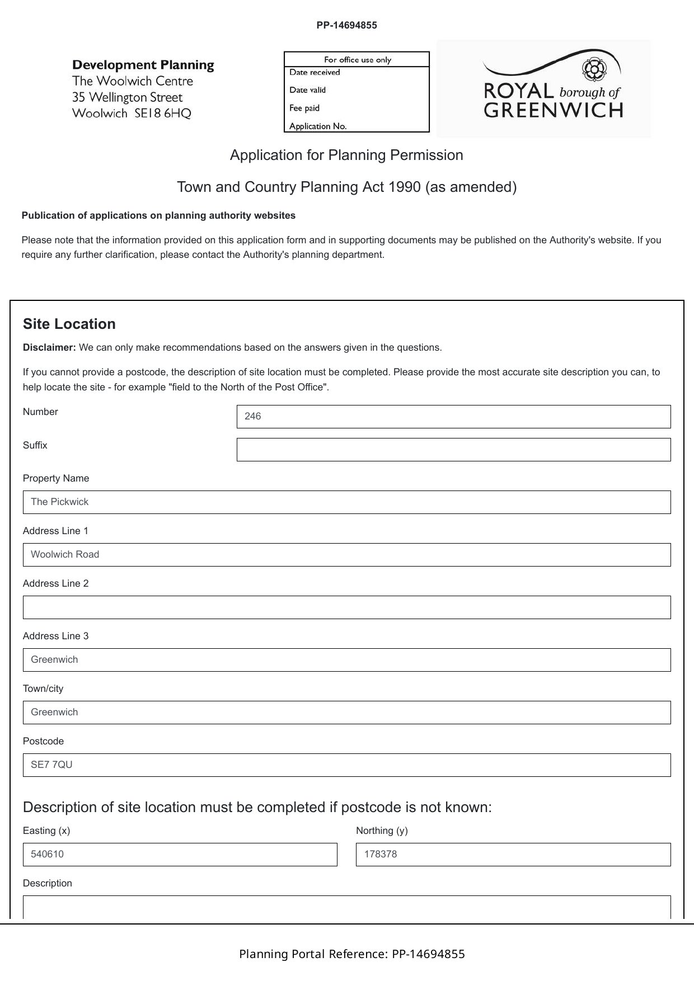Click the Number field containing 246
[453, 417]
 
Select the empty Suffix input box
[453, 450]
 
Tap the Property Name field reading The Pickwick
[346, 502]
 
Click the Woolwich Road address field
[346, 555]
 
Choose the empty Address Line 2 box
[346, 607]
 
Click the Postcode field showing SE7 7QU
[346, 765]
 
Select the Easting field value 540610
[180, 855]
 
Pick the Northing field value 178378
[513, 855]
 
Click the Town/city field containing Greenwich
[346, 713]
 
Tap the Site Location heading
[69, 324]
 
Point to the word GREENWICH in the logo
[553, 110]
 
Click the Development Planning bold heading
[143, 65]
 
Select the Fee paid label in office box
[304, 108]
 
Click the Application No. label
[318, 126]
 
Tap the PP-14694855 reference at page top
[346, 25]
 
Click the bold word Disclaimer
[49, 347]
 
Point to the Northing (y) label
[382, 831]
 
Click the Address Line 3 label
[55, 636]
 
